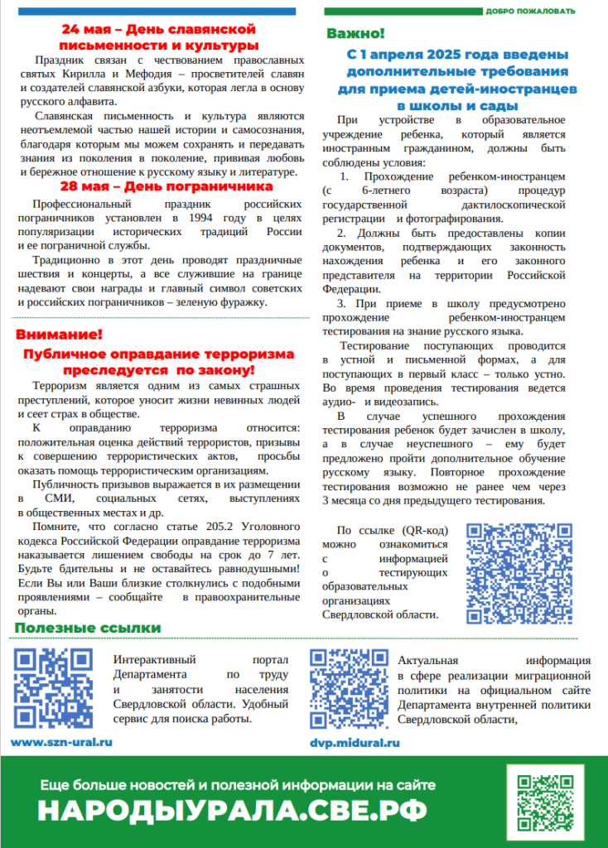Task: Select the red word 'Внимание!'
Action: [x=59, y=335]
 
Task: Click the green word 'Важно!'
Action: [x=355, y=35]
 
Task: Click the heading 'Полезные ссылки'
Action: [x=87, y=629]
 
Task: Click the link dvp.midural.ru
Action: [x=355, y=743]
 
